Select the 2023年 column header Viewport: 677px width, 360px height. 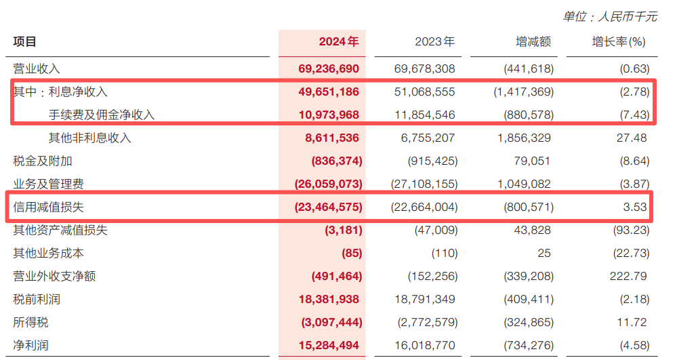pyautogui.click(x=434, y=42)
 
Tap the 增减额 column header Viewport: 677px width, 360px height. pyautogui.click(x=533, y=42)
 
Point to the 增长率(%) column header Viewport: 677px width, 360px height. pyautogui.click(x=619, y=42)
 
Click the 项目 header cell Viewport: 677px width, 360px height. pyautogui.click(x=25, y=42)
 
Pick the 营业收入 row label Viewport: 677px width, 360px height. pyautogui.click(x=37, y=68)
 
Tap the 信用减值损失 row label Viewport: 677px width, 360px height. pyautogui.click(x=48, y=207)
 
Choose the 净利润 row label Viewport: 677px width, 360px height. pyautogui.click(x=30, y=345)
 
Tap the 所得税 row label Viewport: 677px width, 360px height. pyautogui.click(x=30, y=322)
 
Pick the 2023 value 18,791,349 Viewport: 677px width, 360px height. pyautogui.click(x=424, y=299)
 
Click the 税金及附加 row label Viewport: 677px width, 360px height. pyautogui.click(x=42, y=161)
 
